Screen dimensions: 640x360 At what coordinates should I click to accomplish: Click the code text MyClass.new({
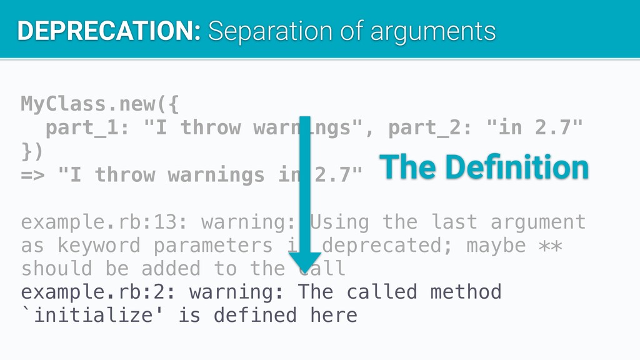(x=100, y=104)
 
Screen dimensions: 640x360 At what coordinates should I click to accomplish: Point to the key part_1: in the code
(x=87, y=127)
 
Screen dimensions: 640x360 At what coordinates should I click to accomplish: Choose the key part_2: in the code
(x=430, y=127)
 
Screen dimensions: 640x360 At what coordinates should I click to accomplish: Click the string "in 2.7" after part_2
(x=534, y=127)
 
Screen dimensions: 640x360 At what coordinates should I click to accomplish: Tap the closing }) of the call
(x=32, y=151)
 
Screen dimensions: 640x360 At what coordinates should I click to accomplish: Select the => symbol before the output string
(x=32, y=175)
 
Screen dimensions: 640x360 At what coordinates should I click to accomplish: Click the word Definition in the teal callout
(x=517, y=167)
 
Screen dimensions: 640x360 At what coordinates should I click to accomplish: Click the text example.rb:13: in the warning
(x=104, y=222)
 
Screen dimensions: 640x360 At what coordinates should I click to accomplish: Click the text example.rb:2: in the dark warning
(x=98, y=292)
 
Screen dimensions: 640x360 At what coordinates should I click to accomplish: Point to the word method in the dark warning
(x=466, y=292)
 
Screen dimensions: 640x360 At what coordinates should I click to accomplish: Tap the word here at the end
(x=334, y=315)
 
